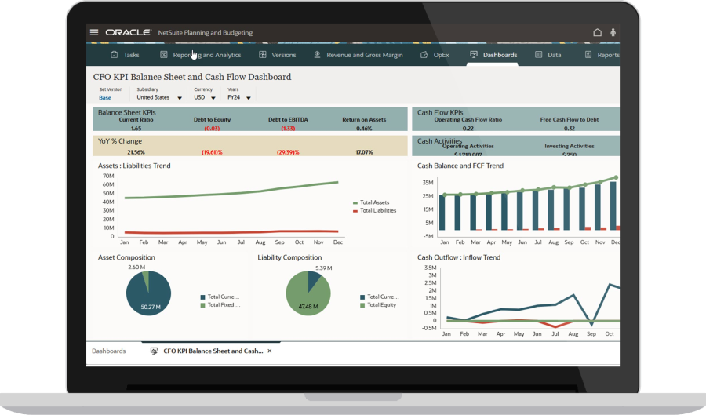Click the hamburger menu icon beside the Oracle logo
(x=94, y=33)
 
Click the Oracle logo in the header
(x=129, y=33)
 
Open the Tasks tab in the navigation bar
(x=125, y=55)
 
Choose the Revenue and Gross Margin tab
(x=358, y=55)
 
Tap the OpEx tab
(x=435, y=55)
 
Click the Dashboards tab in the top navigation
(x=493, y=55)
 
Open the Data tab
(x=548, y=55)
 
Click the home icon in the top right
(x=597, y=33)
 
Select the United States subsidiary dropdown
(x=158, y=98)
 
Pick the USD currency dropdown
(x=205, y=98)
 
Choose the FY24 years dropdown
(x=239, y=98)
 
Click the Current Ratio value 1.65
(x=136, y=128)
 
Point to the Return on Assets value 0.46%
(x=364, y=128)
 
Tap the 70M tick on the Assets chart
(x=108, y=176)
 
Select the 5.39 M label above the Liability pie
(x=323, y=268)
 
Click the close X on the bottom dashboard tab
(x=270, y=351)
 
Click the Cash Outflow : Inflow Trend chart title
(x=458, y=257)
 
